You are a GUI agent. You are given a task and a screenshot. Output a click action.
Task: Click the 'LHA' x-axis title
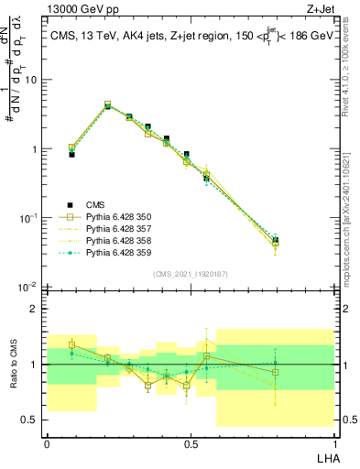coord(323,457)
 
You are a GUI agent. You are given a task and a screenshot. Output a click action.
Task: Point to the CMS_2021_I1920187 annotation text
coord(191,274)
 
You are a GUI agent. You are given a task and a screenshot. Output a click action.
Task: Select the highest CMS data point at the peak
coord(108,106)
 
